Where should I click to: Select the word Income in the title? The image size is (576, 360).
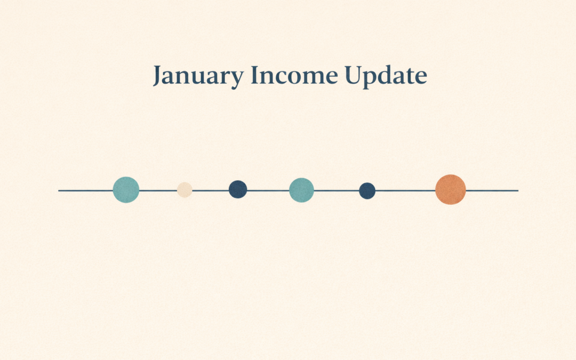[x=294, y=76]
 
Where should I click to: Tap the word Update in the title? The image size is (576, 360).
[x=385, y=76]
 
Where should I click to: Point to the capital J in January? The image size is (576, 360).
[x=157, y=76]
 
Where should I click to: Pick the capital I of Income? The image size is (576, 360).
[x=255, y=75]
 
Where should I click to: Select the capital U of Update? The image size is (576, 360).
[x=353, y=75]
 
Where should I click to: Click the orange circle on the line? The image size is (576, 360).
[x=450, y=189]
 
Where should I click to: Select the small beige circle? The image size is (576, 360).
[x=185, y=190]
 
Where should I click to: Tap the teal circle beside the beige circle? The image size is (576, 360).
[x=126, y=190]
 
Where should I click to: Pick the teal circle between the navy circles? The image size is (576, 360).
[x=301, y=190]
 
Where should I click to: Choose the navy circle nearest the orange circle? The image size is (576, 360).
[x=367, y=190]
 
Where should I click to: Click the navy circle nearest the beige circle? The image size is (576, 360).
[x=238, y=189]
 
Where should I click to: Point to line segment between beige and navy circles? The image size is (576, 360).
[x=211, y=190]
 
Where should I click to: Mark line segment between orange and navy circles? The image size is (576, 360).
[x=405, y=190]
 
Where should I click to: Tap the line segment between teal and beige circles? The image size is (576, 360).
[x=158, y=190]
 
